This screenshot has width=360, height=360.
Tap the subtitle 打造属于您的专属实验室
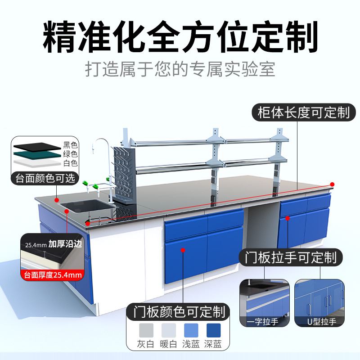coord(180,71)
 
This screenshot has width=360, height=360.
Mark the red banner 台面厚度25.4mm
coord(52,274)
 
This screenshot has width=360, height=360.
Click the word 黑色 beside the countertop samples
coord(70,144)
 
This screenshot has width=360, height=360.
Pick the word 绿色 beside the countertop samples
coord(70,153)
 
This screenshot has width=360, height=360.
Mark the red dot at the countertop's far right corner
coord(332,184)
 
